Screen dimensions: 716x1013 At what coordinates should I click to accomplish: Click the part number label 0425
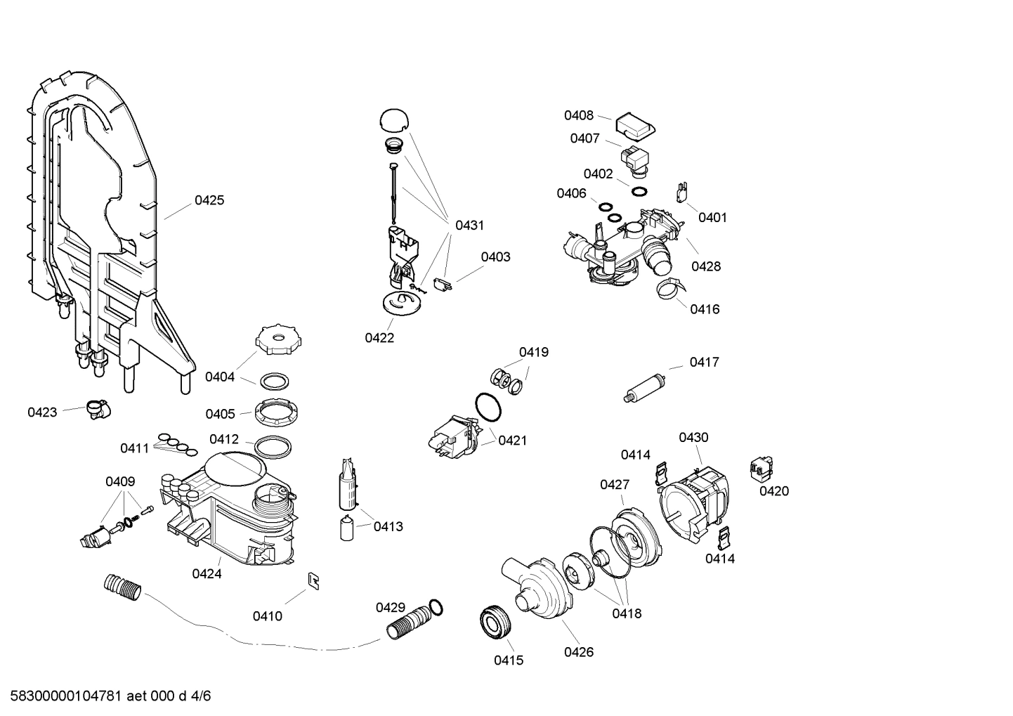[x=209, y=200]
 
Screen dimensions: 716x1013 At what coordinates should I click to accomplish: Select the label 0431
[x=469, y=226]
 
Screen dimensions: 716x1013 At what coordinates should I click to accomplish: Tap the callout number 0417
[x=704, y=362]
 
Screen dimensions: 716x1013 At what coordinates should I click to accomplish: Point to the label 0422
[x=379, y=338]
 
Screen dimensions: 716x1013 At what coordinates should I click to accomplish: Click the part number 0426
[x=579, y=652]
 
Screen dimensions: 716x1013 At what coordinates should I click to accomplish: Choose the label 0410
[x=268, y=616]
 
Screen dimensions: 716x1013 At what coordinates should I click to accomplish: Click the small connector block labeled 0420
[x=761, y=467]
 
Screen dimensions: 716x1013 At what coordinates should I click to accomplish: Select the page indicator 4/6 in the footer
[x=201, y=696]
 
